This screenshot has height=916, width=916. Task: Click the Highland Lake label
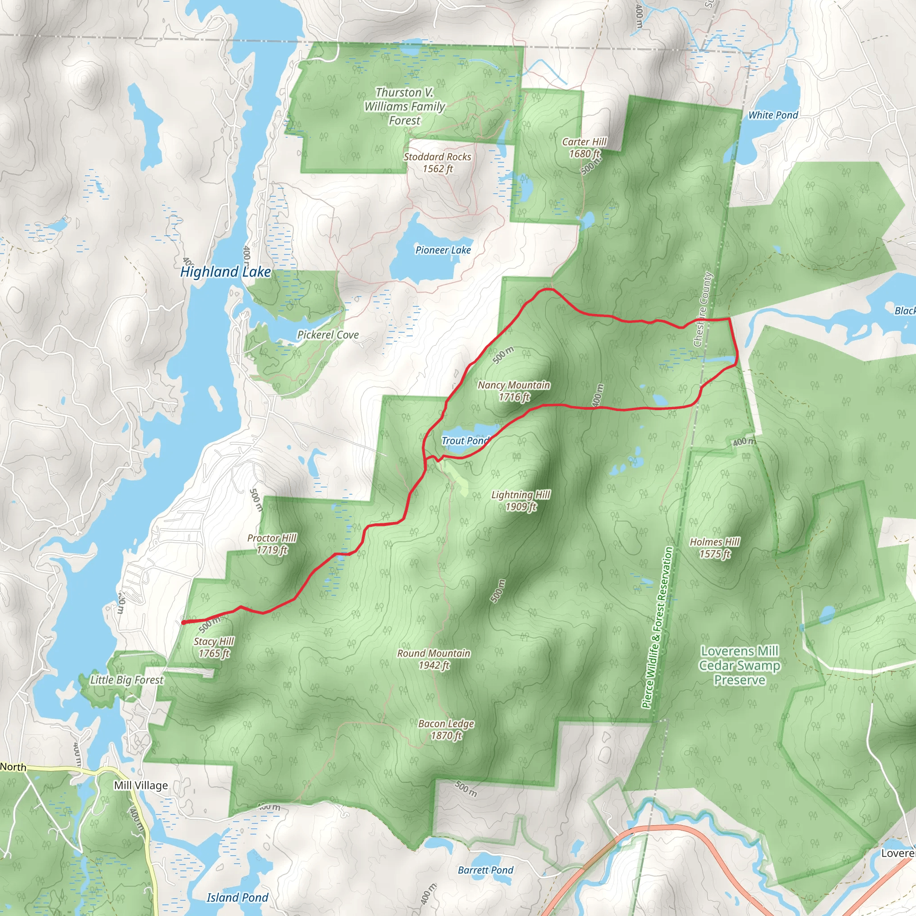coord(226,271)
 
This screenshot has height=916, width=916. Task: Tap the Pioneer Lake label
coord(443,250)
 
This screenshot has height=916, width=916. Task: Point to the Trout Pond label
coord(465,441)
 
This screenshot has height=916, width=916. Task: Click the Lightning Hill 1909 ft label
coord(521,500)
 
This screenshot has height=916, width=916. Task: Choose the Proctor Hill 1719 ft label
coord(271,544)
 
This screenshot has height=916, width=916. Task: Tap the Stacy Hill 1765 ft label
coord(214,647)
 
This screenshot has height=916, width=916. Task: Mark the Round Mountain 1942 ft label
coord(434,659)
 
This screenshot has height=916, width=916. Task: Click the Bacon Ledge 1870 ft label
coord(446,729)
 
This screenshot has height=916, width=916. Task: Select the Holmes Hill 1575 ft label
coord(714,547)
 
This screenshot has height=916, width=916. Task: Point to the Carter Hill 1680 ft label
coord(584,148)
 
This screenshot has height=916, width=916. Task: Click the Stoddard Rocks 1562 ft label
coord(437,163)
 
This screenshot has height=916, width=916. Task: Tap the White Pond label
coord(773,115)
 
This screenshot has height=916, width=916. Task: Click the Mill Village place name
coord(141,785)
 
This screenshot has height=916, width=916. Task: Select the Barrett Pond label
coord(485,870)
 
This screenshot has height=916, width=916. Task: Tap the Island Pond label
coord(237,898)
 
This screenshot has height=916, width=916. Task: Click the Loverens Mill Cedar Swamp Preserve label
coord(740,666)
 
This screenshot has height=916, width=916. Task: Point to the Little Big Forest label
coord(127,680)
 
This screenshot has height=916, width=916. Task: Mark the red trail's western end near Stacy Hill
coord(183,623)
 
